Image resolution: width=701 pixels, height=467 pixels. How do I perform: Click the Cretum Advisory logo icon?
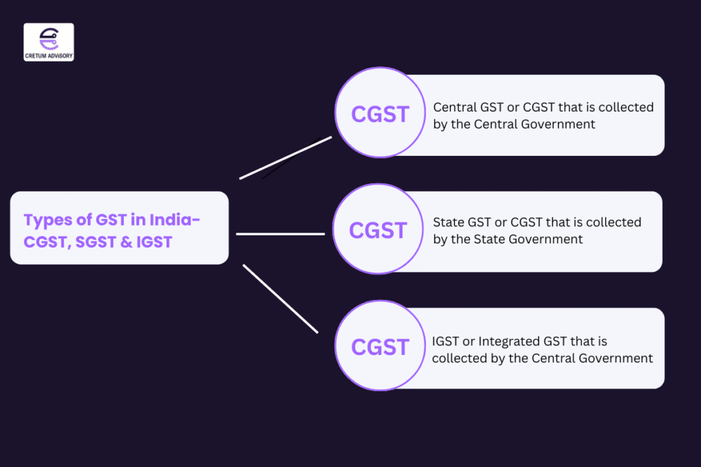pos(49,37)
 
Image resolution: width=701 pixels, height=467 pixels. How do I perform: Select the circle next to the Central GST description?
pos(380,114)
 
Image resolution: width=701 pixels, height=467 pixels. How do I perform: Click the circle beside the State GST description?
pos(378,230)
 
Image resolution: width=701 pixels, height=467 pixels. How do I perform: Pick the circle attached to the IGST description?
pos(380,347)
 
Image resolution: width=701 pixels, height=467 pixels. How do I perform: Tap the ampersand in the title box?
pos(136,241)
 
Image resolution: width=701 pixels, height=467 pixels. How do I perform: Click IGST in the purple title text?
pos(159,241)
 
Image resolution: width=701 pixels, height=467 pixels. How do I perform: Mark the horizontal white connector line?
pos(280,234)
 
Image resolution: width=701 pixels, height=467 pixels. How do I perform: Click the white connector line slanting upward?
pos(285,157)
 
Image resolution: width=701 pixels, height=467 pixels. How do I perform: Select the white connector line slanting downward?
pos(281,299)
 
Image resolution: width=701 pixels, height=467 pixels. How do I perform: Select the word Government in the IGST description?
pos(619,358)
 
